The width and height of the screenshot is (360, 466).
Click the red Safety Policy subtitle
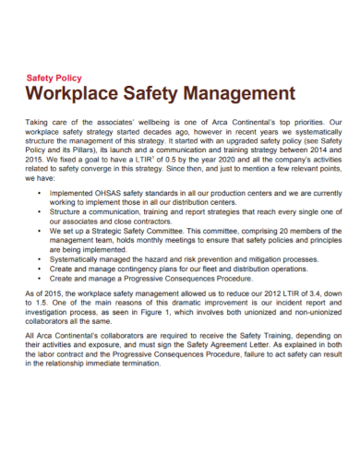tap(58, 79)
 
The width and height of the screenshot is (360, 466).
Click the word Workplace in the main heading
tap(77, 94)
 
